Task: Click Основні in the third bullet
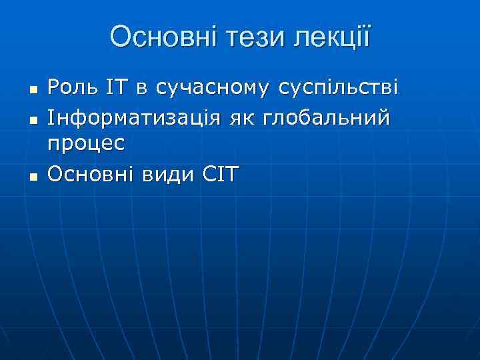89,175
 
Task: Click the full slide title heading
240,37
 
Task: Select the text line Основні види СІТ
143,175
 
